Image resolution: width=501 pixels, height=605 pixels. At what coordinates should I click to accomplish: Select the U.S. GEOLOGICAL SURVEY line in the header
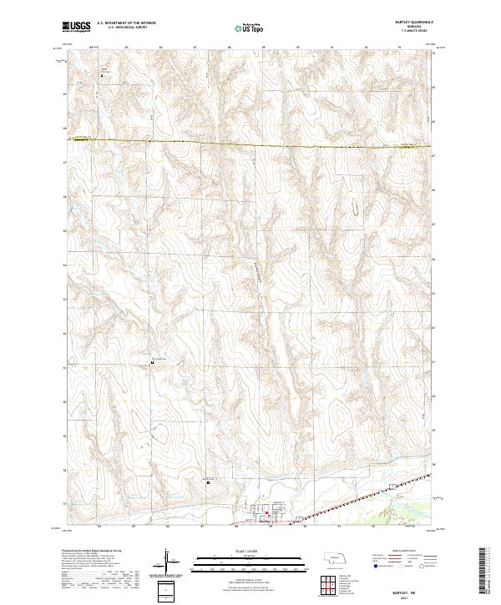tap(122, 28)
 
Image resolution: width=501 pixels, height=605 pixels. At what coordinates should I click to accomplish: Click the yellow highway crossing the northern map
tap(250, 144)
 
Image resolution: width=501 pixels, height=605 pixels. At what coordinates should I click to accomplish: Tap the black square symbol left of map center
tap(152, 361)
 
